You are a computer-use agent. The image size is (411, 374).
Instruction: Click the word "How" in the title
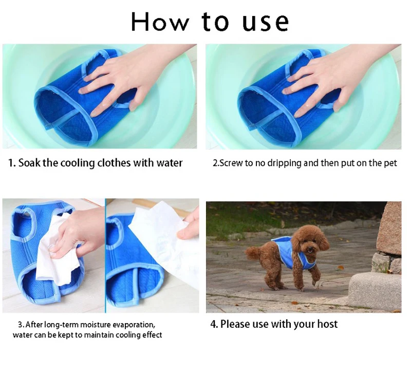click(160, 22)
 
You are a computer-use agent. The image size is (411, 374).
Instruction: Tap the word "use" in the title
click(265, 22)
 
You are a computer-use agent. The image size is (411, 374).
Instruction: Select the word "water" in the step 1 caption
click(170, 163)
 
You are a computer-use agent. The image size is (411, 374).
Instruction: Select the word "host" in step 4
click(327, 324)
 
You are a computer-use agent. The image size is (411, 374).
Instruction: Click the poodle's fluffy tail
click(253, 253)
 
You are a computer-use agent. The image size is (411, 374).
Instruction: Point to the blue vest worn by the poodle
click(286, 252)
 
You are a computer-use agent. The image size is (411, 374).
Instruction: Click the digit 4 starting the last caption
click(213, 324)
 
